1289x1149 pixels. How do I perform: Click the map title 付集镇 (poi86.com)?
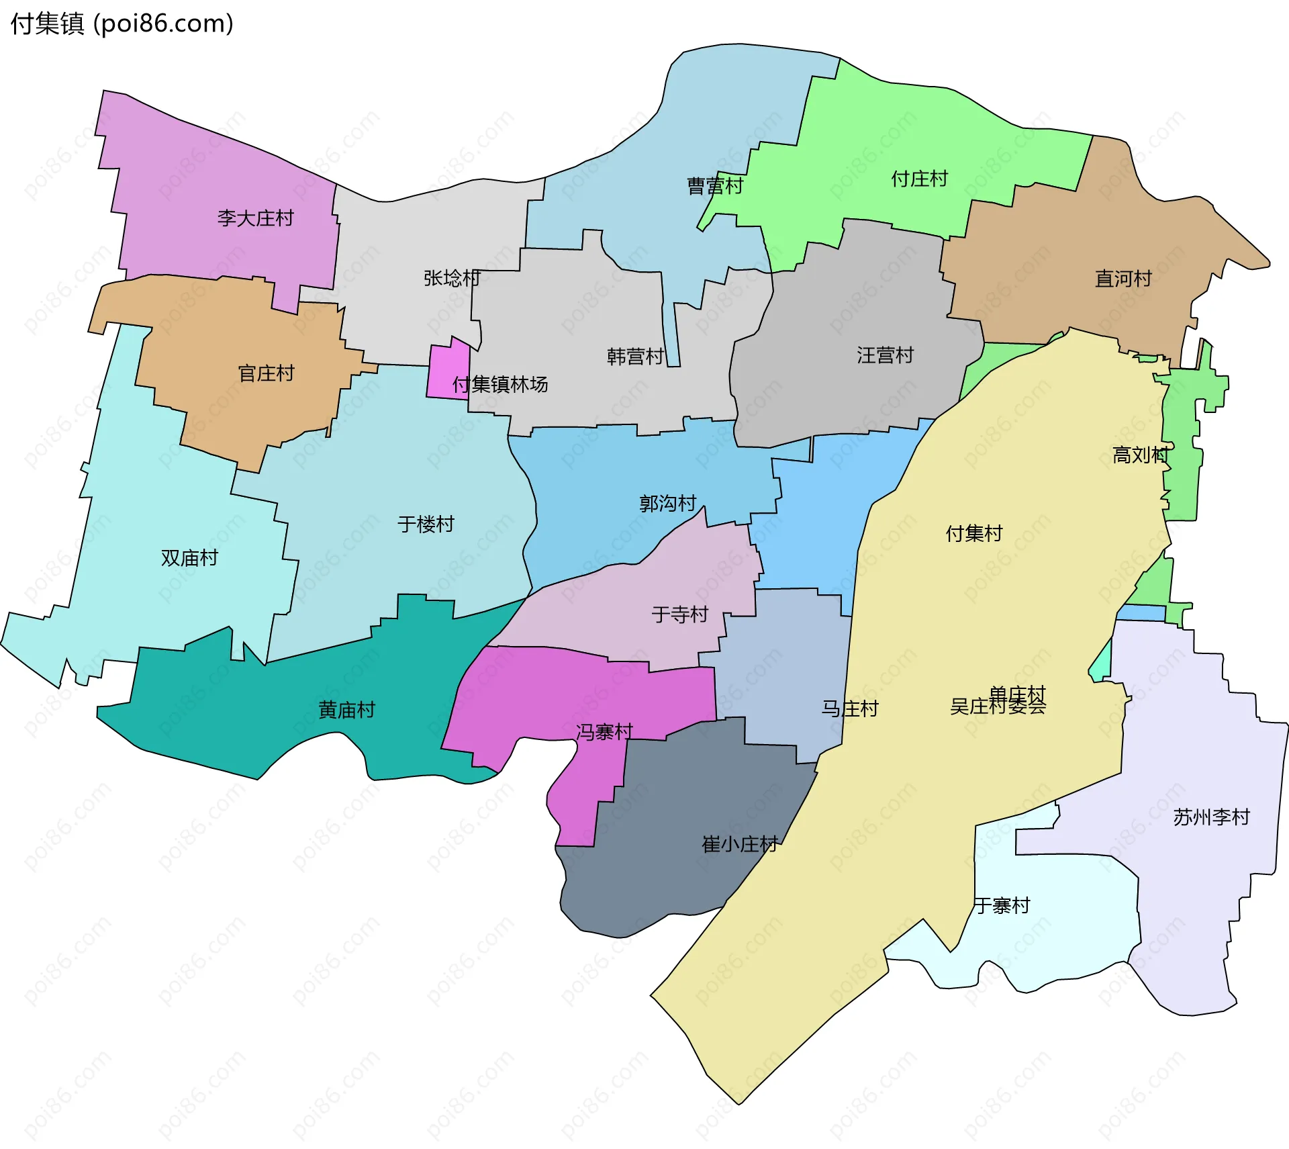click(122, 24)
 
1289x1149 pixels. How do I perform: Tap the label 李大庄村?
click(255, 218)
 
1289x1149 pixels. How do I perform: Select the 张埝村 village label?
click(452, 278)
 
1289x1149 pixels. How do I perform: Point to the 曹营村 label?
click(715, 186)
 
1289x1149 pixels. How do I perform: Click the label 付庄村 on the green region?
click(919, 179)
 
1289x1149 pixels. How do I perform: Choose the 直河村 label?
click(1123, 279)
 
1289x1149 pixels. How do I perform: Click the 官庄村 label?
click(266, 373)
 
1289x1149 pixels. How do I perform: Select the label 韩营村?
click(635, 357)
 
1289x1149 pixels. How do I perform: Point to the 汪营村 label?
click(885, 355)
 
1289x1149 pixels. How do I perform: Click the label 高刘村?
click(1141, 455)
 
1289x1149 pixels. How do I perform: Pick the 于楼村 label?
click(426, 524)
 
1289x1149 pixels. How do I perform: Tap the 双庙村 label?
click(189, 558)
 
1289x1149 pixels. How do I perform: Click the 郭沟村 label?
click(667, 504)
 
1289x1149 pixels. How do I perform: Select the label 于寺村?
click(679, 614)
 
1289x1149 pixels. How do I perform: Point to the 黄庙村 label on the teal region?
click(346, 710)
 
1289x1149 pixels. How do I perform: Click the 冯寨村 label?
click(604, 732)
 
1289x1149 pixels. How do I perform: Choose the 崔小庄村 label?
click(740, 844)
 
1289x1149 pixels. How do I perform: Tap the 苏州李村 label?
click(1211, 817)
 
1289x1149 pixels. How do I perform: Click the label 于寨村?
click(1002, 906)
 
